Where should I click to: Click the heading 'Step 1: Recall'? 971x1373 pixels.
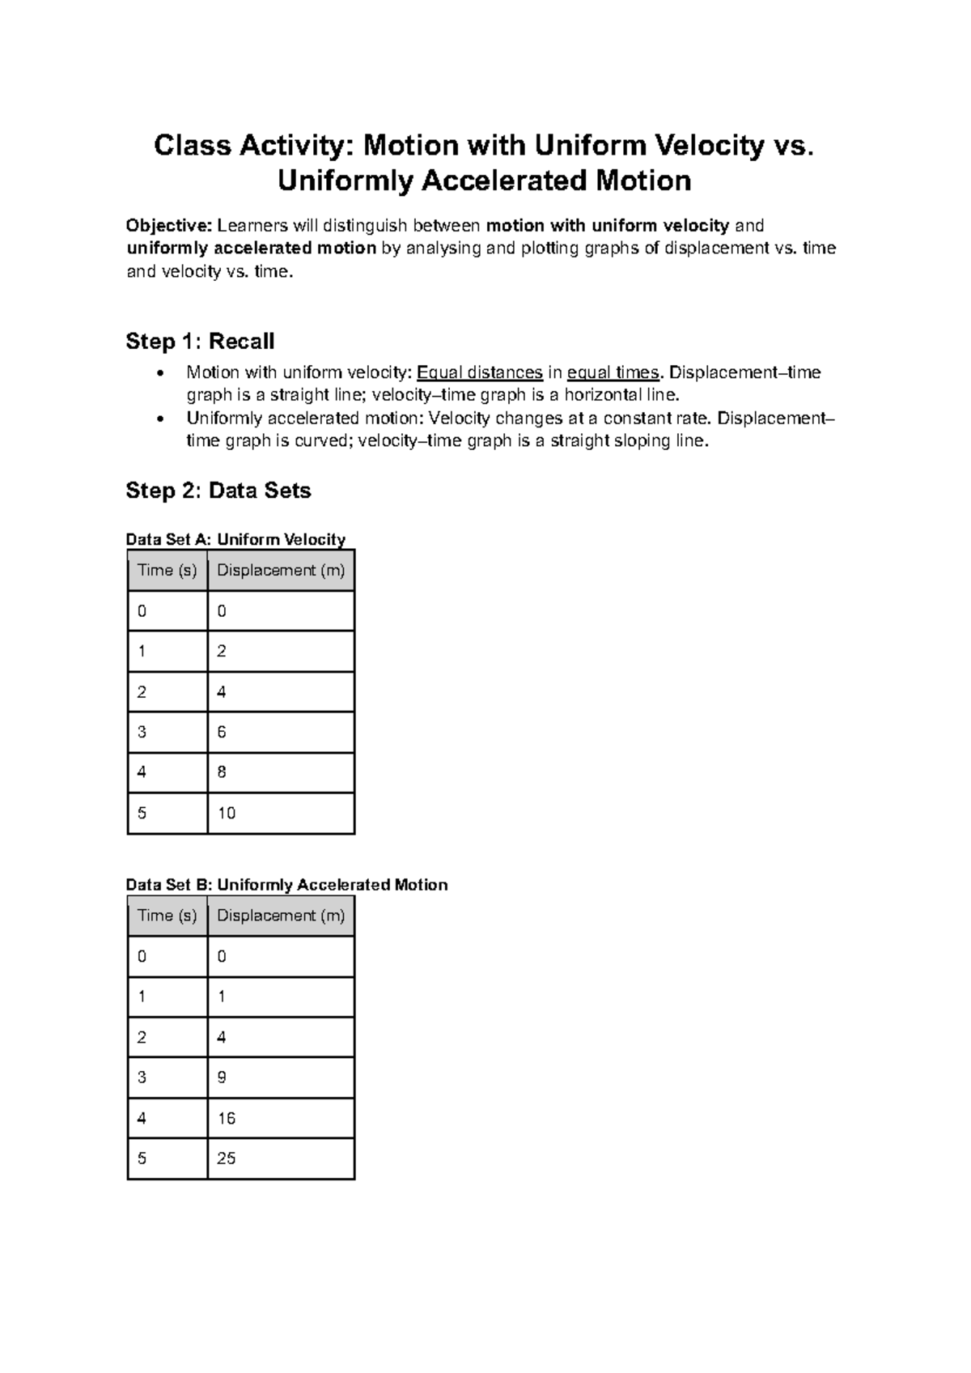click(x=200, y=342)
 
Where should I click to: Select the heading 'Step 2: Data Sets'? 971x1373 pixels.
click(x=218, y=491)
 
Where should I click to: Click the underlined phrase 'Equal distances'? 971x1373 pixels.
click(x=479, y=372)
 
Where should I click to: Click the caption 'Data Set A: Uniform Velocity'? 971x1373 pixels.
click(x=235, y=539)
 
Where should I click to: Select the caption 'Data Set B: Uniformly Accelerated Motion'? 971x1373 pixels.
click(x=286, y=885)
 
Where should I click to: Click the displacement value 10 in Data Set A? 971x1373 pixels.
click(x=227, y=813)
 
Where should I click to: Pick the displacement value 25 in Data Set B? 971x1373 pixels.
click(x=227, y=1158)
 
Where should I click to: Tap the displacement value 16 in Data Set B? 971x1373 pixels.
click(x=227, y=1118)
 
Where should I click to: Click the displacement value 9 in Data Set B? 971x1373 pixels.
click(x=222, y=1078)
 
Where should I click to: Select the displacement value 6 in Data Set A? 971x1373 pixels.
click(x=222, y=732)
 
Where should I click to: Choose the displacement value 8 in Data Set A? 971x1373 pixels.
click(x=222, y=772)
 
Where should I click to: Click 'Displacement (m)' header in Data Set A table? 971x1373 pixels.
click(x=281, y=570)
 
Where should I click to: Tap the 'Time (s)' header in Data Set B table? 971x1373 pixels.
click(x=167, y=916)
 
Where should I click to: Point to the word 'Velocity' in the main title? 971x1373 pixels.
click(x=709, y=146)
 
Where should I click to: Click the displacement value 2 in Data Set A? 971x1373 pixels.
click(x=222, y=651)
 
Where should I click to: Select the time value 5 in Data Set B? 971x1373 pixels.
click(x=142, y=1158)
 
